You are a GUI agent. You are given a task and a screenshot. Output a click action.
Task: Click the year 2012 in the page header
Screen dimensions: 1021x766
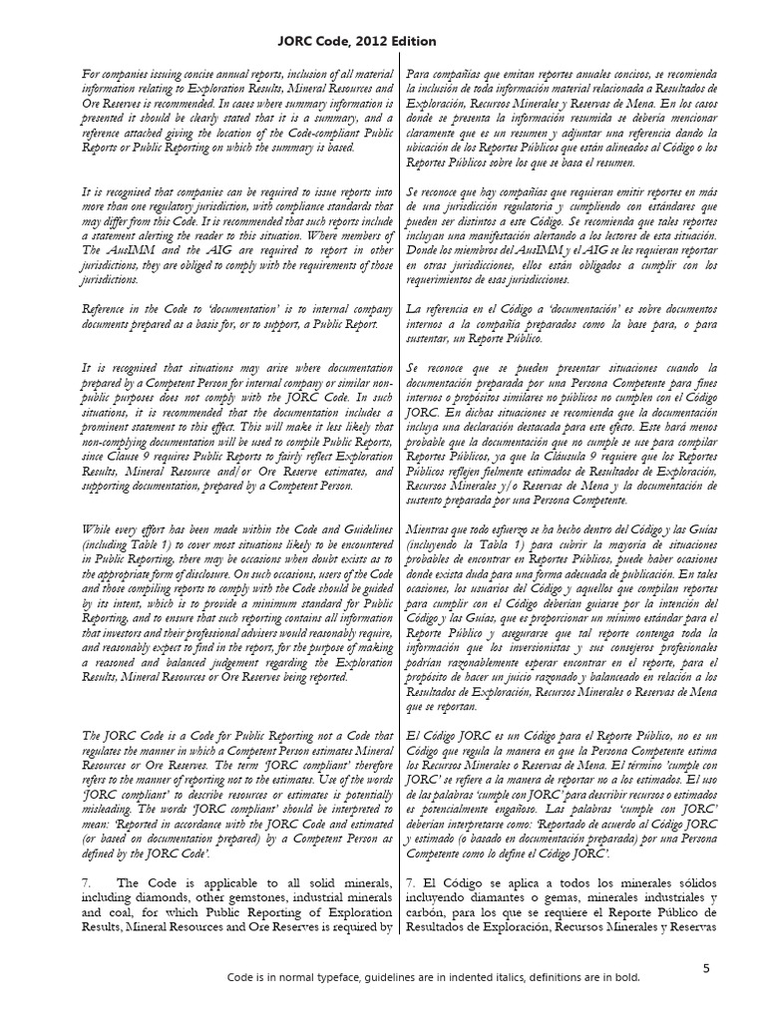(x=368, y=41)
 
